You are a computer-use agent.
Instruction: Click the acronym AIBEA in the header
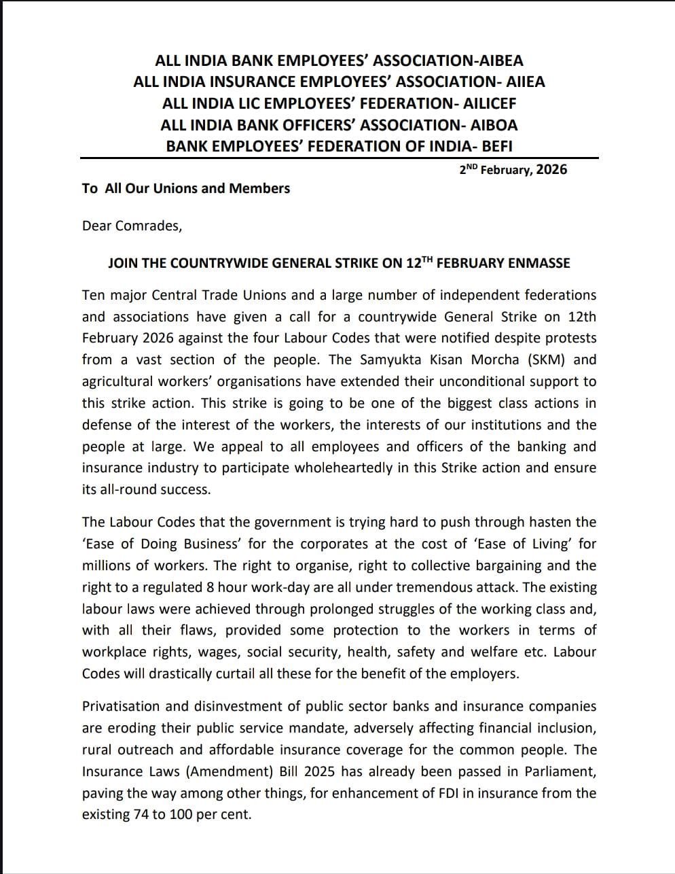point(500,60)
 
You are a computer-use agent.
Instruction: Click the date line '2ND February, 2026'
point(513,169)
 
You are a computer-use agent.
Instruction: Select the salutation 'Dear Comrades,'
point(132,226)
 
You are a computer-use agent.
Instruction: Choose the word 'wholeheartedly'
point(348,468)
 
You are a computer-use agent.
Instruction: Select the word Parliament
point(561,772)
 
